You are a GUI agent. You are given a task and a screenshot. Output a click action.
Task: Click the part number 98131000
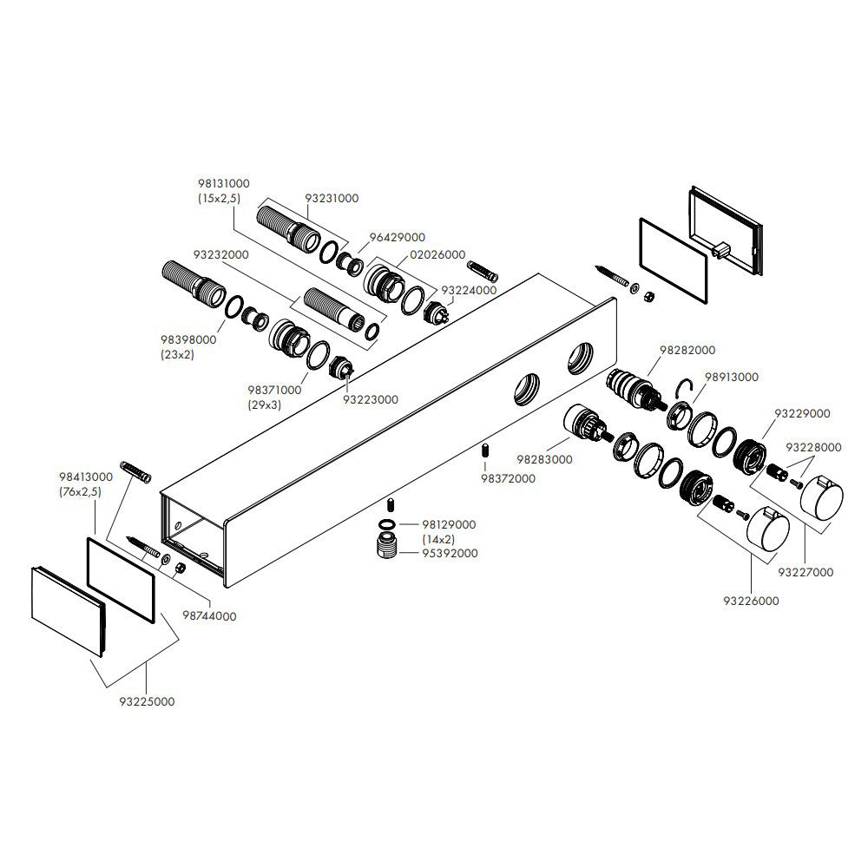224,184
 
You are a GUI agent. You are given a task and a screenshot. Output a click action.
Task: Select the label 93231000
332,198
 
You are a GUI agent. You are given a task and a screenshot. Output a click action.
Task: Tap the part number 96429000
397,237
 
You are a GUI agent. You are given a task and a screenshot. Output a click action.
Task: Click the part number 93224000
469,291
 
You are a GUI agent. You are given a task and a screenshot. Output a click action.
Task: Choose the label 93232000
220,255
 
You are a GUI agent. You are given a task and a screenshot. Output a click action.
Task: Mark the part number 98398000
188,341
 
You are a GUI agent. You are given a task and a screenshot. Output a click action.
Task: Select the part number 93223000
370,400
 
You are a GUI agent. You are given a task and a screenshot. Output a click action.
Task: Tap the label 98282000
687,350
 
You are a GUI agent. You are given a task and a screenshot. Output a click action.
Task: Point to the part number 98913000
731,378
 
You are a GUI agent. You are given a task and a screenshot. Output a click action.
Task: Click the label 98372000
508,478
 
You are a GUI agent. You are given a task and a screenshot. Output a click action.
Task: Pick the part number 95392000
450,553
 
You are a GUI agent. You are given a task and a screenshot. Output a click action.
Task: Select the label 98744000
208,615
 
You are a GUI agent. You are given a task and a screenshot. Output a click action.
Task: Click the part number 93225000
146,700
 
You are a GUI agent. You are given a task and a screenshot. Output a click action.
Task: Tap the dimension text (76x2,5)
81,491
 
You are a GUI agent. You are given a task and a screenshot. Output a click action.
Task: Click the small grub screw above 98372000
485,450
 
